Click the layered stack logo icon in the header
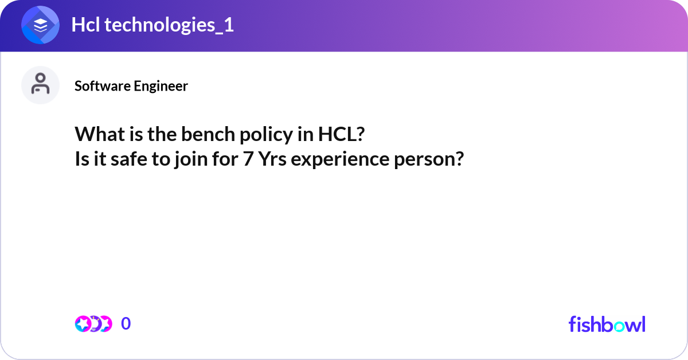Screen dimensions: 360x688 click(x=40, y=26)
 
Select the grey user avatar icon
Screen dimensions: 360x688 click(x=40, y=85)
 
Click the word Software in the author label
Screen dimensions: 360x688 click(x=103, y=86)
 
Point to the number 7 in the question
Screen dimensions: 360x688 click(x=247, y=159)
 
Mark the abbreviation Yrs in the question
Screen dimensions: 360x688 click(x=273, y=159)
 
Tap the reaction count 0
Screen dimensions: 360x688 click(x=126, y=324)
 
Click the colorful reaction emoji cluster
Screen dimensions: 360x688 click(x=93, y=324)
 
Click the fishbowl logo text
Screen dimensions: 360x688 click(x=607, y=324)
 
